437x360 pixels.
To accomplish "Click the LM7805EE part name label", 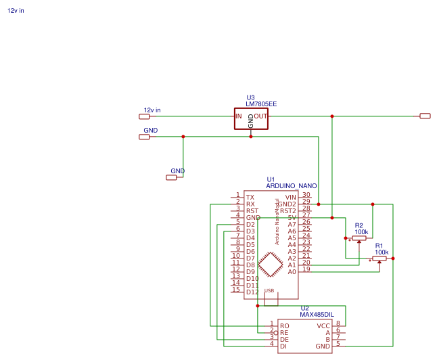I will (261, 104).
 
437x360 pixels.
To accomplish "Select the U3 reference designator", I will (250, 97).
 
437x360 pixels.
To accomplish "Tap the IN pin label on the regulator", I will (238, 116).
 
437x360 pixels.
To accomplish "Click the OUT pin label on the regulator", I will (260, 116).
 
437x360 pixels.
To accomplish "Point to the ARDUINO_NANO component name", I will (291, 185).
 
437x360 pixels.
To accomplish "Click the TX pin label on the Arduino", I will (250, 197).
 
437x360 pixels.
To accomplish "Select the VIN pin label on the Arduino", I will (291, 197).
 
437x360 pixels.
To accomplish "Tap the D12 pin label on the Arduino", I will (252, 292).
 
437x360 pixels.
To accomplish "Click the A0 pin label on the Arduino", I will (292, 271).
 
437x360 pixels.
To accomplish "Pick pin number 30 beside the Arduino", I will (306, 195).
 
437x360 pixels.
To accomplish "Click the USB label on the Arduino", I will (269, 291).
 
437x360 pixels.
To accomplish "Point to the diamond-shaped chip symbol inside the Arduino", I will (271, 265).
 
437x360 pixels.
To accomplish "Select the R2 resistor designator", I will (359, 225).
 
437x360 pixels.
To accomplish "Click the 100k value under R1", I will (382, 252).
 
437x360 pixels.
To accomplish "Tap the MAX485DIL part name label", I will (317, 315).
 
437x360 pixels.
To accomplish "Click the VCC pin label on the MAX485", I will (323, 325).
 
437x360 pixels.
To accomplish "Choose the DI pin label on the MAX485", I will (283, 346).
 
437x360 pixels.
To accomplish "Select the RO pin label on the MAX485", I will (284, 325).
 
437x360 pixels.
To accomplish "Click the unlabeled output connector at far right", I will (425, 116).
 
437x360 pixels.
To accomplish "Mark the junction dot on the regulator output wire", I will (331, 116).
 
